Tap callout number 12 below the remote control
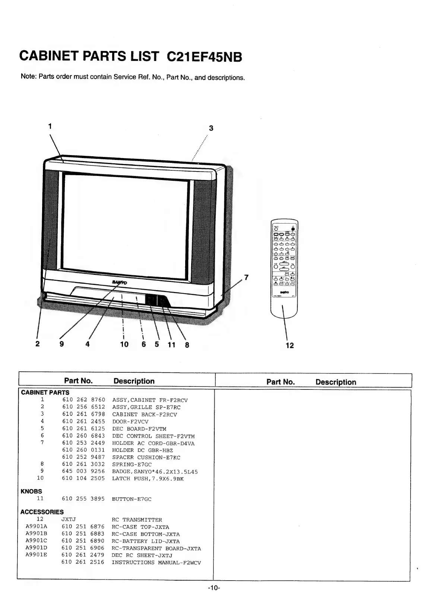290,345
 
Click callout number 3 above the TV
211,128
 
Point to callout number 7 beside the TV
246,277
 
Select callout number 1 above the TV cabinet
50,126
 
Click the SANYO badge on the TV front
120,283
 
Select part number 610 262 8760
83,400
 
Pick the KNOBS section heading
31,491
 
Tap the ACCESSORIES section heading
42,512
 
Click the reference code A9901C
36,541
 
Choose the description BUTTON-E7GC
132,499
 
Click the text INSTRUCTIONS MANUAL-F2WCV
156,562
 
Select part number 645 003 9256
83,471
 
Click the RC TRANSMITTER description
137,520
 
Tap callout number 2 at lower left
37,344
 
